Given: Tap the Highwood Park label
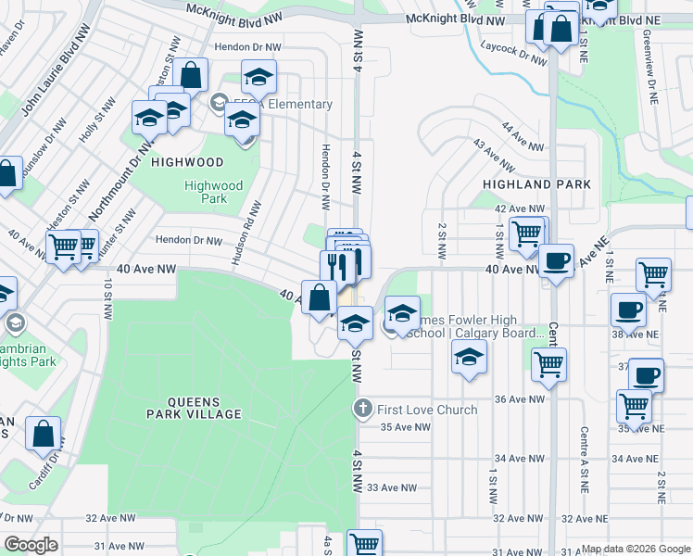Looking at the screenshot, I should pos(213,192).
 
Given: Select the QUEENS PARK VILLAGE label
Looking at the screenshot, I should pos(205,408).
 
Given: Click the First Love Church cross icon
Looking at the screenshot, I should pos(364,409).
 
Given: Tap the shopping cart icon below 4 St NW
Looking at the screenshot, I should pos(364,543).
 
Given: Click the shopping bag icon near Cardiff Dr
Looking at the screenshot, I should pos(43,433).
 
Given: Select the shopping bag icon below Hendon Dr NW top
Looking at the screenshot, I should pos(190,75).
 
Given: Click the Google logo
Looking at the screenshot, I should pos(31,545).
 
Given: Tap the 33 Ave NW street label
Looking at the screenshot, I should pos(389,487).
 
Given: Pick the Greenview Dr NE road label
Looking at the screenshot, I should pos(651,79).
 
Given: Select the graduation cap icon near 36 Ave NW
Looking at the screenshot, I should pos(470,357).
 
